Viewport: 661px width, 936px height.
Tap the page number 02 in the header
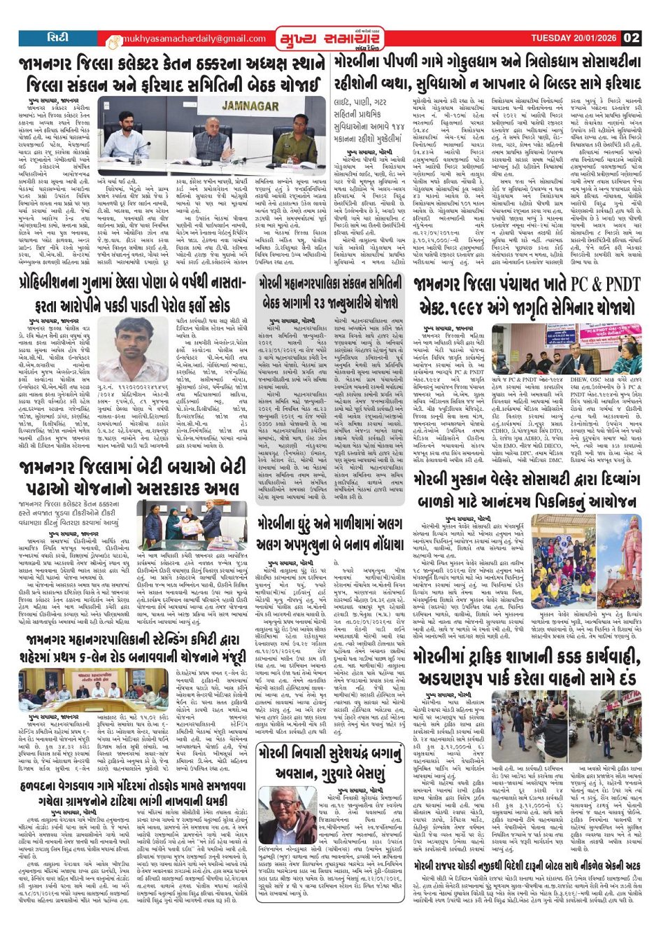[x=632, y=38]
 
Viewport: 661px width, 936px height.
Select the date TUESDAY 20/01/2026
[x=575, y=38]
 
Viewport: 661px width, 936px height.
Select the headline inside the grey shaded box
[x=329, y=293]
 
